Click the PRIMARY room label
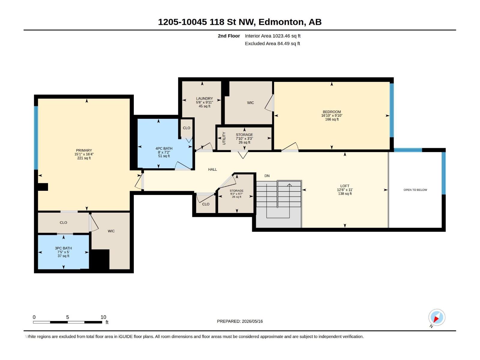84,150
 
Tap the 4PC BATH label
164,148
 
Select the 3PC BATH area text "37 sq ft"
63,256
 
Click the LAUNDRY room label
205,99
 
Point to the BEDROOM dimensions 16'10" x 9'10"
332,115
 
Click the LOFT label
345,186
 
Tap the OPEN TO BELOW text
415,190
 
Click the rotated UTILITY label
224,138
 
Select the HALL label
213,169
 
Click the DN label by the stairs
267,176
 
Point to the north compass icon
437,317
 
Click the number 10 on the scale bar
103,317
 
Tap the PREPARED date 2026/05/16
252,321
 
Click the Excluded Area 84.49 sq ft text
272,43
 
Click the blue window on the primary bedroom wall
36,138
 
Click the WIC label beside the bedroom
250,103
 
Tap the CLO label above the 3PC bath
63,223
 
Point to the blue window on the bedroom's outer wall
392,110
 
